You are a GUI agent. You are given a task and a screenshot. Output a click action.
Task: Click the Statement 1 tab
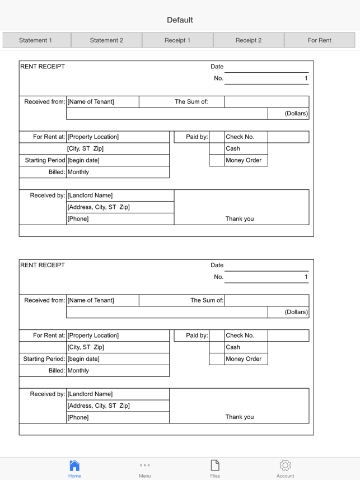(36, 40)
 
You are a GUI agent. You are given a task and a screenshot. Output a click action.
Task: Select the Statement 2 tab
(106, 40)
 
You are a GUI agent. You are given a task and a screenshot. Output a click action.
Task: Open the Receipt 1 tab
(177, 40)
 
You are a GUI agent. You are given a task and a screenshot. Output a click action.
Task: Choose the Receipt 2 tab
(249, 40)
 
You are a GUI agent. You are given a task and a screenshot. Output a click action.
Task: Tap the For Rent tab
(320, 40)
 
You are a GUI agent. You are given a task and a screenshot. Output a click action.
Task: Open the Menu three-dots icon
(144, 465)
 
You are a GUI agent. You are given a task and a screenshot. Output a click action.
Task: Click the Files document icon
(215, 465)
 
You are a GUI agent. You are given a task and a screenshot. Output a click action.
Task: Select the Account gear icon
(285, 465)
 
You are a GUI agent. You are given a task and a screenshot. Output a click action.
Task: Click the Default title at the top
(180, 20)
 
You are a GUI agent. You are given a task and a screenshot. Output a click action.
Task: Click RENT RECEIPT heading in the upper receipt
(43, 67)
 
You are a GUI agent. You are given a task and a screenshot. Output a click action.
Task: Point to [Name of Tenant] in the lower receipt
(91, 300)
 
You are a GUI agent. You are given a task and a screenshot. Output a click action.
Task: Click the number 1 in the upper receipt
(306, 78)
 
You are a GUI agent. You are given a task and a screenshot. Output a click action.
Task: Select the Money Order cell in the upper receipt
(244, 160)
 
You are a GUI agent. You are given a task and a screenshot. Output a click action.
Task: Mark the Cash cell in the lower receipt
(233, 347)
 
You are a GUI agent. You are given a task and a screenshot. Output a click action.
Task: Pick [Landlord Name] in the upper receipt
(90, 195)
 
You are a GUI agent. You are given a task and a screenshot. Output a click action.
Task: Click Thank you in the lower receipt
(240, 417)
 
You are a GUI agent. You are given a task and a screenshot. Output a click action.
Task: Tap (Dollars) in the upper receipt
(296, 114)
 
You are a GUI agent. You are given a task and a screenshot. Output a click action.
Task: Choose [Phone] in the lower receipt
(78, 418)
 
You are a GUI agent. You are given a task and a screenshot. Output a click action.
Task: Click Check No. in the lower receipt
(240, 335)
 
